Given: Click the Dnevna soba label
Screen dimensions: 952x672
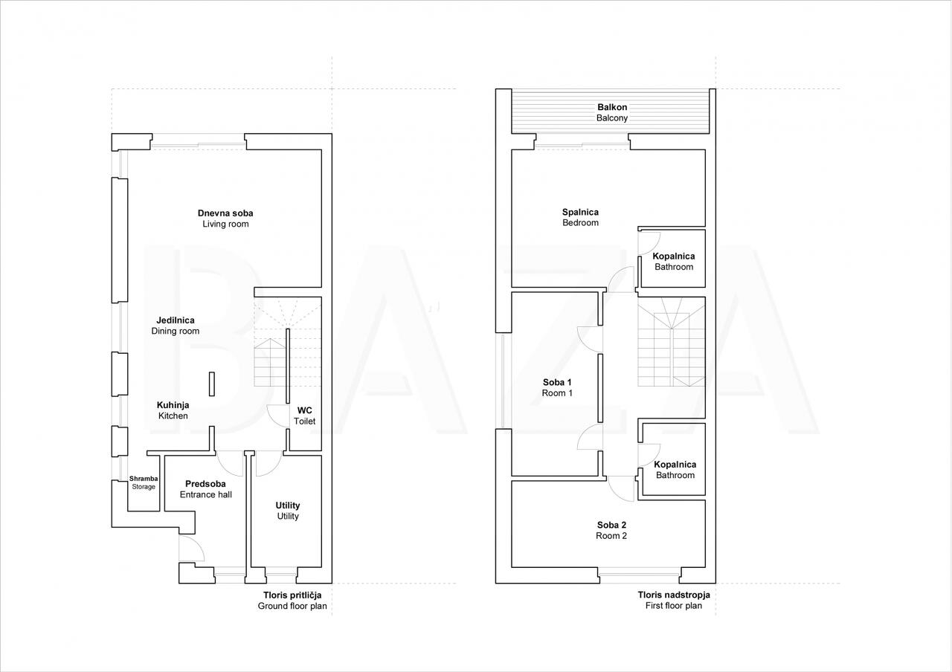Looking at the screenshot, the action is point(225,213).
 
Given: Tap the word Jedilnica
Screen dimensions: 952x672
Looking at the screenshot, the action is point(175,320).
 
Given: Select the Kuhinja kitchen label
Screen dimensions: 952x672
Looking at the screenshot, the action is point(173,410).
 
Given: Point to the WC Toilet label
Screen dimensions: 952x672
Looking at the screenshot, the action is point(305,416).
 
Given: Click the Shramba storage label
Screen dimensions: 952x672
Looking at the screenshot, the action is point(144,482).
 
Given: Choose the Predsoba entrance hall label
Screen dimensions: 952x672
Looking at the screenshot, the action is point(206,489).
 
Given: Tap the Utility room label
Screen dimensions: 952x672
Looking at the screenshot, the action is point(288,511).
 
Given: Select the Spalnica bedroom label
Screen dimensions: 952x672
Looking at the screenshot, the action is point(581,217).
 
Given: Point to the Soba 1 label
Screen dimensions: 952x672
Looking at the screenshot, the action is point(557,387).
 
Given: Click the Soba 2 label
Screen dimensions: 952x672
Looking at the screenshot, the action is point(611,530).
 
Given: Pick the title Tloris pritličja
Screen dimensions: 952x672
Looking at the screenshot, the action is point(292,595).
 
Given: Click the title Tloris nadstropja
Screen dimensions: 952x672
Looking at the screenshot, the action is point(674,595).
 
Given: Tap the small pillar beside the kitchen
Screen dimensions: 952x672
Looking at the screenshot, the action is point(212,384).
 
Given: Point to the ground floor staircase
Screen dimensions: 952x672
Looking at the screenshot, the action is point(287,342).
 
